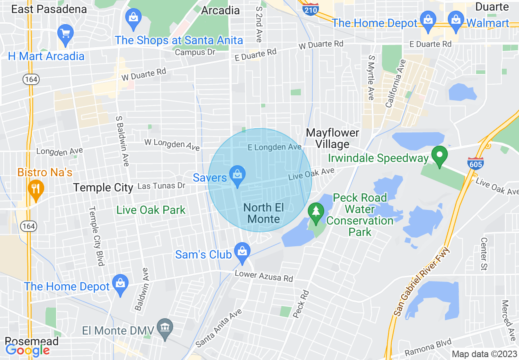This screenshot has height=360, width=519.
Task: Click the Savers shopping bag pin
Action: coord(237,175)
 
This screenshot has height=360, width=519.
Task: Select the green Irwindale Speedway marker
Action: coord(440,156)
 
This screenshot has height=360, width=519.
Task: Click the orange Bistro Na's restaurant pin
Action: coord(36,189)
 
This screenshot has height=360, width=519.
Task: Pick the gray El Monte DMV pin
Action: coord(165,328)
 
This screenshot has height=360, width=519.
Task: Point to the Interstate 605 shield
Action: coord(475,163)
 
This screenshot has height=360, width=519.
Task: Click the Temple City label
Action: coord(103,188)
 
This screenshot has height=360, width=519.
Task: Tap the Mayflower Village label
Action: coord(332,138)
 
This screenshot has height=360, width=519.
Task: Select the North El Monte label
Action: coord(264,213)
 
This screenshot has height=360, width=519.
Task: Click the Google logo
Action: coord(27,350)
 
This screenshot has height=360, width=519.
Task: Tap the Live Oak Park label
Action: coord(151,210)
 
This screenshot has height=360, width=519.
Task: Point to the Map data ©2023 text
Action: coord(484,354)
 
